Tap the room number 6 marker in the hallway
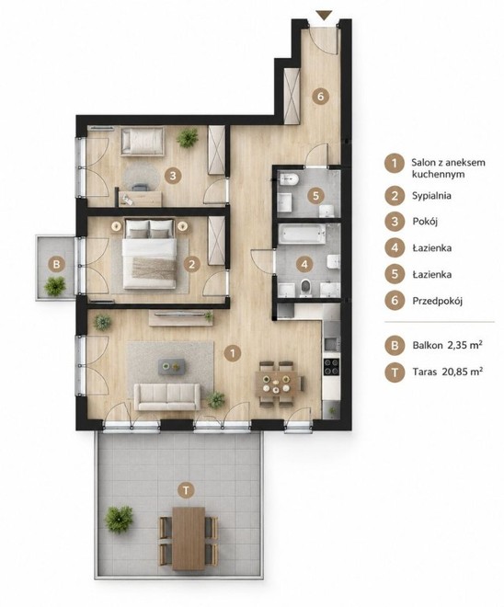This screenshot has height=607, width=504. pyautogui.click(x=320, y=96)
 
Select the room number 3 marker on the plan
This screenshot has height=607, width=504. pyautogui.click(x=173, y=176)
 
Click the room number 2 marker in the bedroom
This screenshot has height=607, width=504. pyautogui.click(x=191, y=265)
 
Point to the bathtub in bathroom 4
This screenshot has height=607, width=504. pyautogui.click(x=303, y=235)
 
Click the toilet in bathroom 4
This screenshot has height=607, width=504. pyautogui.click(x=306, y=288)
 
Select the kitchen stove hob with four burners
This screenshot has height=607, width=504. pyautogui.click(x=331, y=367)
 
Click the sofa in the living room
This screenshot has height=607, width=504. pyautogui.click(x=167, y=396)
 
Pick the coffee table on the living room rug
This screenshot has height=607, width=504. pyautogui.click(x=171, y=366)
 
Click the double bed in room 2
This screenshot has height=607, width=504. pyautogui.click(x=150, y=254)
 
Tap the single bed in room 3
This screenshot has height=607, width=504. pyautogui.click(x=142, y=142)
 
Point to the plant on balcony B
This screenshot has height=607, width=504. pyautogui.click(x=55, y=286)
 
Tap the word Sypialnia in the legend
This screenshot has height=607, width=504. pyautogui.click(x=431, y=196)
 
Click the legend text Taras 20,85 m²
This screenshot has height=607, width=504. pyautogui.click(x=448, y=372)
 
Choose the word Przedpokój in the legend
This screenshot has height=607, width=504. pyautogui.click(x=438, y=301)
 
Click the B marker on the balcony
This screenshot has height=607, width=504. pyautogui.click(x=56, y=265)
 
